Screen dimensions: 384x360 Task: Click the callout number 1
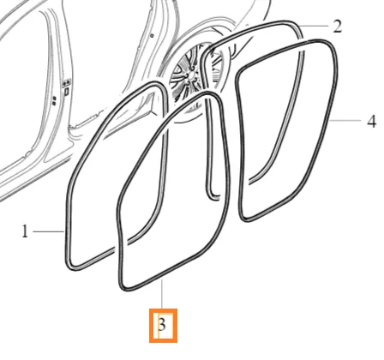click(25, 231)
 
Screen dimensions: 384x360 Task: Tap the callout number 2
click(338, 27)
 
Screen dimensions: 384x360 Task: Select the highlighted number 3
click(162, 325)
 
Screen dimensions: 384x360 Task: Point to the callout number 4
click(371, 122)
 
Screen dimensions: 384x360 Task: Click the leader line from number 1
click(49, 231)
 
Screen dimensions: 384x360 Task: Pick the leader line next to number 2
click(313, 26)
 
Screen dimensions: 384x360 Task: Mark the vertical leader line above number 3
click(162, 294)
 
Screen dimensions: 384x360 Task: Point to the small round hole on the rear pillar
click(153, 36)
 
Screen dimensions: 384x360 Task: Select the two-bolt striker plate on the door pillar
click(67, 83)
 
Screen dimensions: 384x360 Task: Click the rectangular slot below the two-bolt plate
click(66, 92)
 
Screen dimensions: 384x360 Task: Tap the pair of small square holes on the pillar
click(54, 99)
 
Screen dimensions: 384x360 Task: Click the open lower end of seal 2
click(215, 197)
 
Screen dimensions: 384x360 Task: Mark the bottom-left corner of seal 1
click(71, 267)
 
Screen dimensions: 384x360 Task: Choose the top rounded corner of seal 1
click(157, 85)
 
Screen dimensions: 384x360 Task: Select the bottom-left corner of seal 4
click(245, 219)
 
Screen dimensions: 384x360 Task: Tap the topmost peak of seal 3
click(209, 93)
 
